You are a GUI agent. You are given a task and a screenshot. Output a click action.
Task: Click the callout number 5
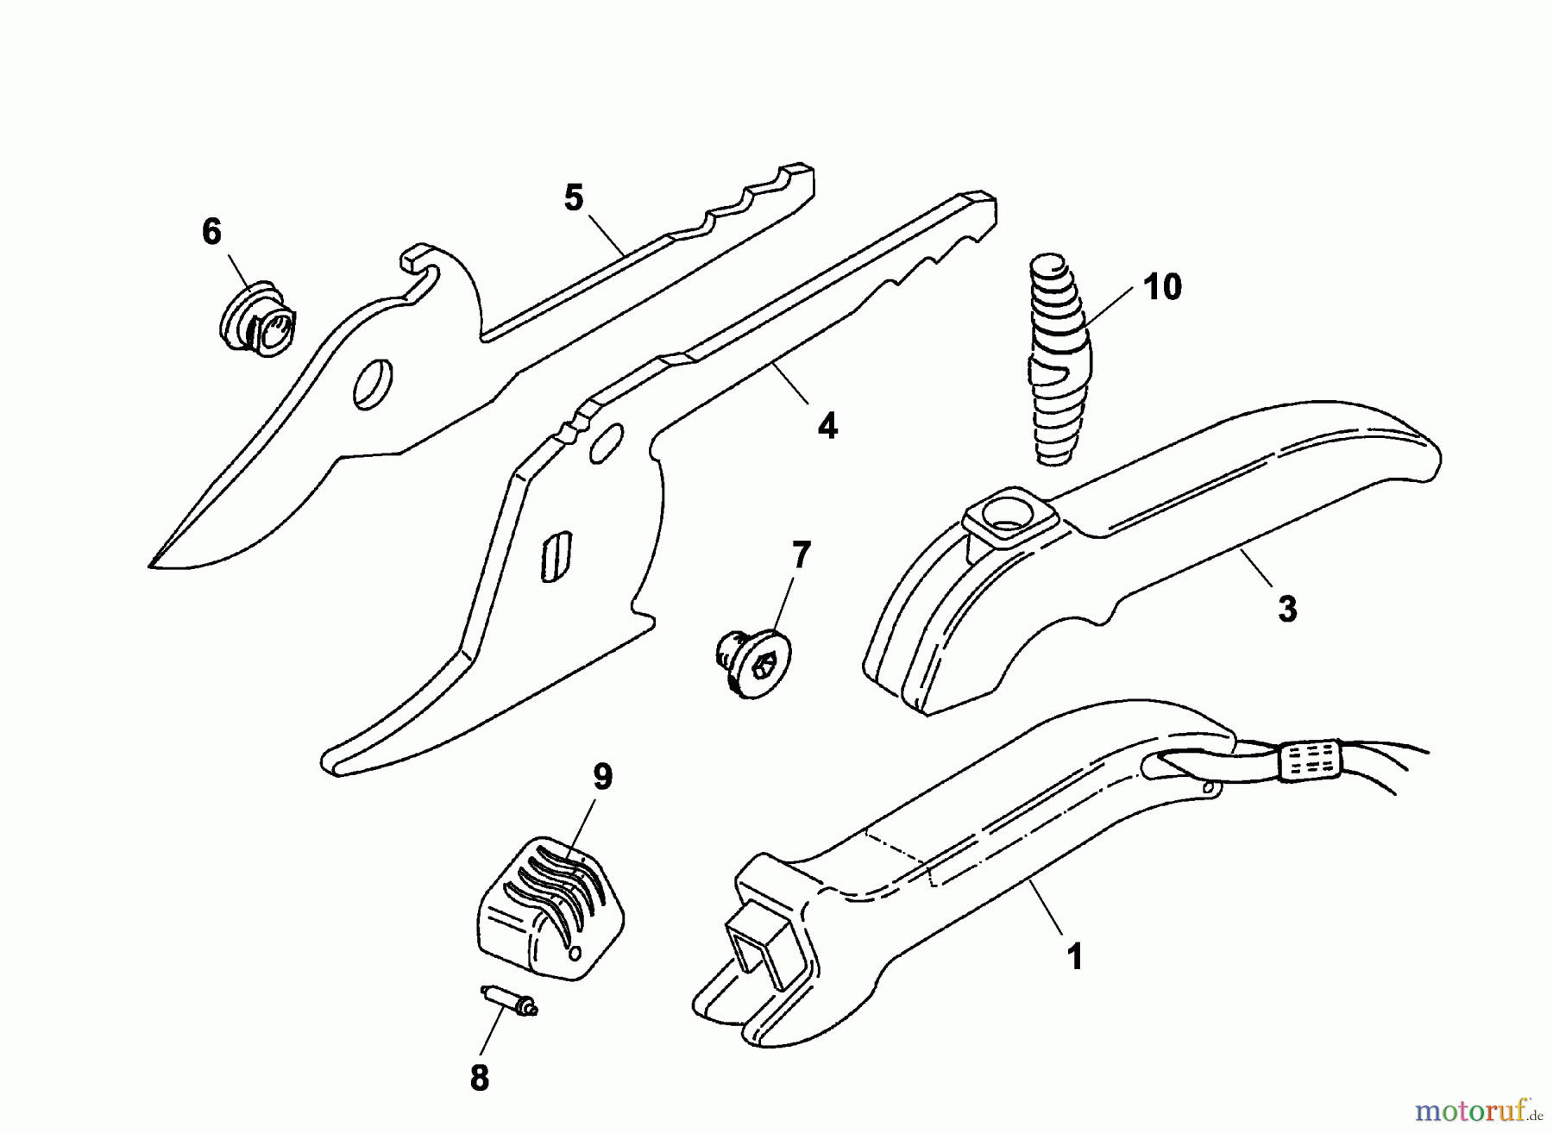tap(574, 198)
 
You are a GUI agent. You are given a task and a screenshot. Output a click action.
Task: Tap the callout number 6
tap(211, 232)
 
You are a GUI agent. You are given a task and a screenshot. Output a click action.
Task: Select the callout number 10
tap(1162, 287)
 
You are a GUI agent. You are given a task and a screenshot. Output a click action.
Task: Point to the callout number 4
tap(827, 426)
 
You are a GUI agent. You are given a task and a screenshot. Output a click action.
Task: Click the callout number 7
tap(802, 556)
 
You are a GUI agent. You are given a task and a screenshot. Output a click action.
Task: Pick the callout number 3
tap(1287, 610)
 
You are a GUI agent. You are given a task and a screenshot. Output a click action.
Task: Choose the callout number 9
tap(602, 777)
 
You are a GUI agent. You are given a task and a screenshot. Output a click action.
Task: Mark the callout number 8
tap(480, 1078)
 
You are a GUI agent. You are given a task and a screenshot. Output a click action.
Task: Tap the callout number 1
tap(1074, 957)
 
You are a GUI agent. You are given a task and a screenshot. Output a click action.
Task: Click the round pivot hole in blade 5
tap(374, 383)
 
